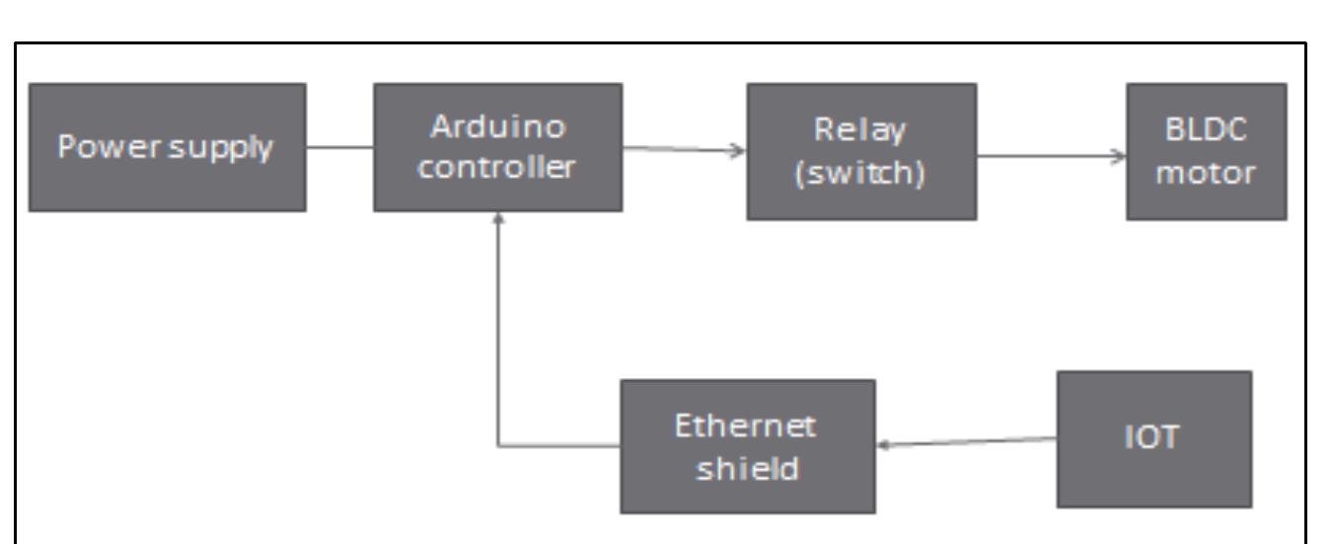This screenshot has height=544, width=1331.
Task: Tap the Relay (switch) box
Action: [861, 151]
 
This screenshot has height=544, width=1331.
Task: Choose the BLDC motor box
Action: [1207, 151]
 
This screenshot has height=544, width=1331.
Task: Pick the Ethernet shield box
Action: [747, 445]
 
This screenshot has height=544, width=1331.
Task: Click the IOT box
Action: [1154, 438]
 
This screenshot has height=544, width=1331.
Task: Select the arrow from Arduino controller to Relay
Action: [683, 151]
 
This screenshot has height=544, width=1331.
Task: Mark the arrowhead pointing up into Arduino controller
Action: [498, 218]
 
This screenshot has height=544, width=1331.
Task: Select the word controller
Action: [497, 166]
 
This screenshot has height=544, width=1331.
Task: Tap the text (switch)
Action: [861, 169]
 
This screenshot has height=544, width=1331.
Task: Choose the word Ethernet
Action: [747, 428]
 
